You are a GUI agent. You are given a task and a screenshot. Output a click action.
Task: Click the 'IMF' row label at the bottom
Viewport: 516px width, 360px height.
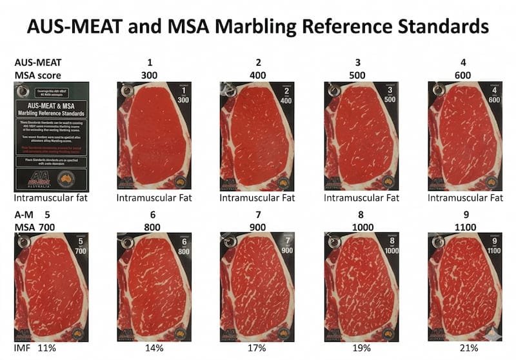(23, 348)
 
